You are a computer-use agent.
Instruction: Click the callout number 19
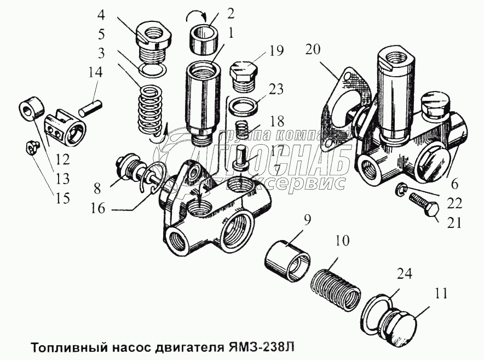pos(276,52)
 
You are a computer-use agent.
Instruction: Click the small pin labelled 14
pos(90,106)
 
